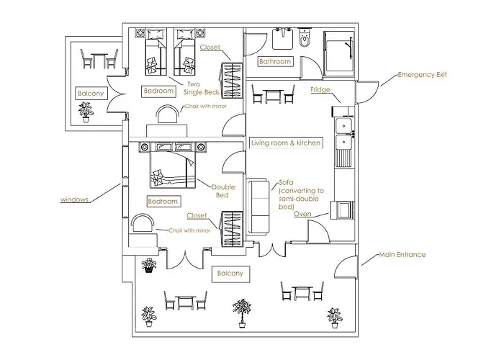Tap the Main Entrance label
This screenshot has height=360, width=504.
click(402, 255)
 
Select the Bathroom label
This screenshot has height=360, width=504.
click(274, 62)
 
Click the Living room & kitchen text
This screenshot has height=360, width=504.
click(285, 143)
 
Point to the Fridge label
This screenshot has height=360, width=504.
click(320, 89)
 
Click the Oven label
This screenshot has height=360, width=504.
click(303, 214)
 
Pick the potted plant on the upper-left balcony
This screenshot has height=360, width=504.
click(86, 111)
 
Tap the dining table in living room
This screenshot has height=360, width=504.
click(273, 94)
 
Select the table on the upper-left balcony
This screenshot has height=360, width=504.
click(96, 58)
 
